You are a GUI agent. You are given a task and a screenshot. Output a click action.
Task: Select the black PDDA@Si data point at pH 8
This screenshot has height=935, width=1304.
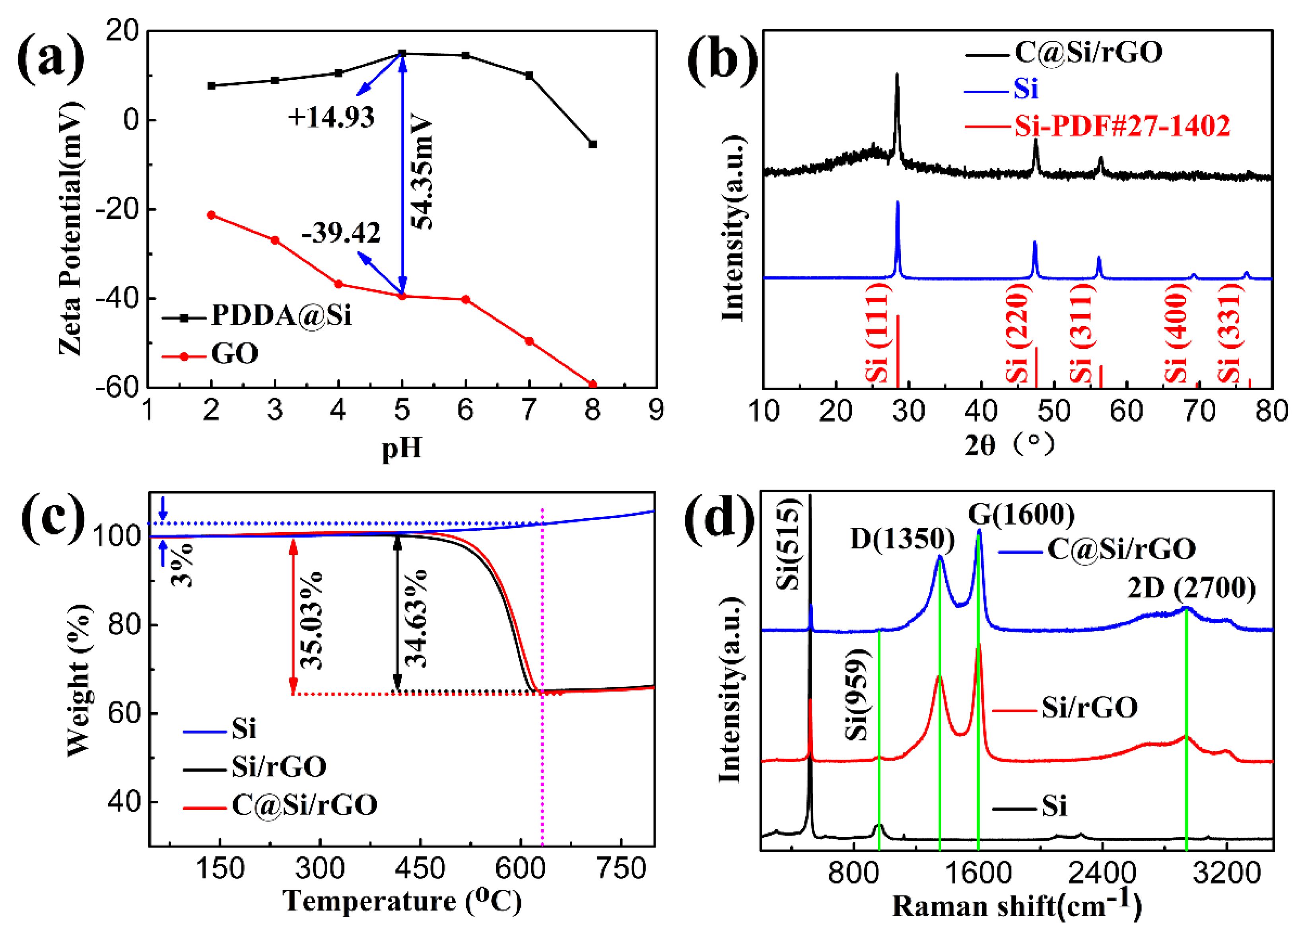coord(593,144)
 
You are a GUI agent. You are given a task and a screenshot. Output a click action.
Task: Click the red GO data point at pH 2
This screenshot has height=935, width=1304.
coord(211,215)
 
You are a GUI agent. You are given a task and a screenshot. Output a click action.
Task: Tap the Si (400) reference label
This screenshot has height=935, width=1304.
coord(1176,337)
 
